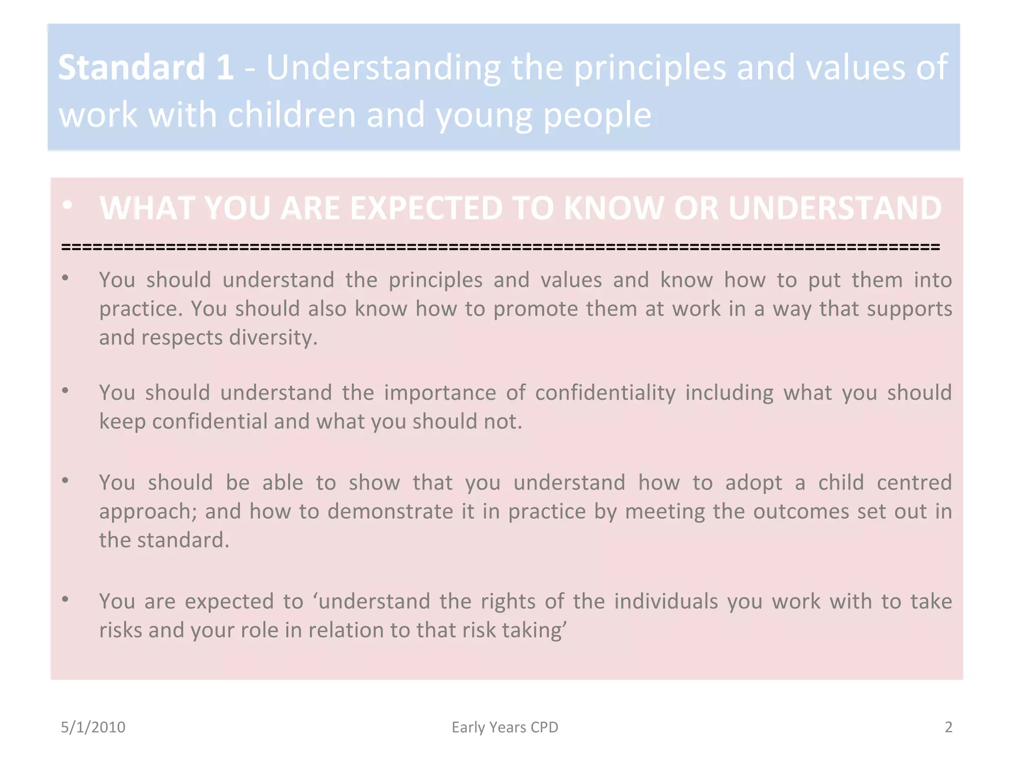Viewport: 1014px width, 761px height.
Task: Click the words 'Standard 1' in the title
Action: pos(146,67)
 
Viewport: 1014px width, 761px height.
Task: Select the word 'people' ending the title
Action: pos(597,115)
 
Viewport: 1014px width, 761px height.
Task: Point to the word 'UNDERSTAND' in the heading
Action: pos(835,208)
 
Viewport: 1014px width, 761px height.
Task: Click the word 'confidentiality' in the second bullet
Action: pos(605,393)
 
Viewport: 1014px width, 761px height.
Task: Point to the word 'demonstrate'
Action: pos(390,511)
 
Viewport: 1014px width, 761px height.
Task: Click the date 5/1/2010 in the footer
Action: pos(93,727)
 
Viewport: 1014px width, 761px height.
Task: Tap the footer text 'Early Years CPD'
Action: pos(505,727)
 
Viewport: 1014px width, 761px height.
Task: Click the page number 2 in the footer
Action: pos(948,727)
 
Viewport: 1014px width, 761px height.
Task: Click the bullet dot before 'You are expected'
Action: pos(65,599)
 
